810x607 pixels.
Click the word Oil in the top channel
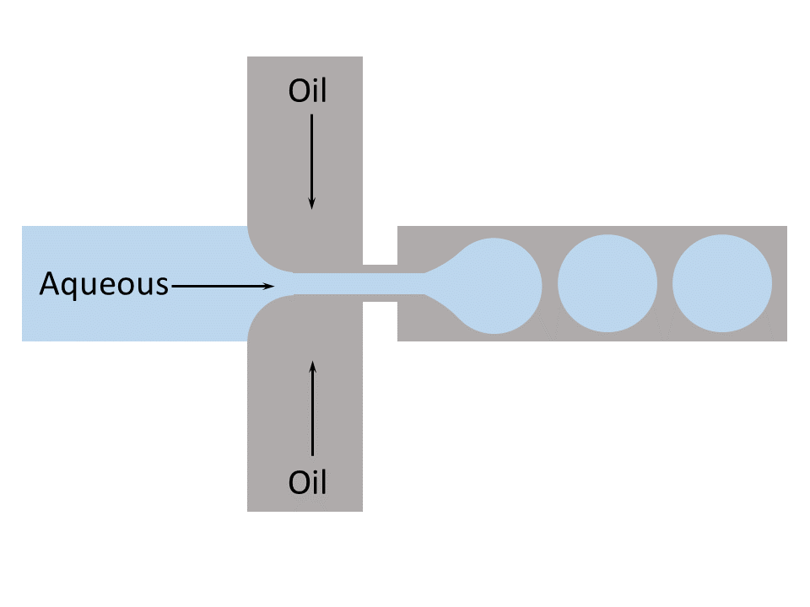(307, 91)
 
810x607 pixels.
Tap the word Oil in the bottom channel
(307, 483)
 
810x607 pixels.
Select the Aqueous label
(104, 285)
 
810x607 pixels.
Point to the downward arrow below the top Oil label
(312, 160)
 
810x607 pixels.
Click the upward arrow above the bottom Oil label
(313, 408)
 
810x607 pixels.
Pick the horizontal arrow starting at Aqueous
(224, 286)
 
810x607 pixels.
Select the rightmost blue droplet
(722, 284)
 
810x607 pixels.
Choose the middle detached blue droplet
(607, 284)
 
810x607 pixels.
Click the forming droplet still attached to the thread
(499, 284)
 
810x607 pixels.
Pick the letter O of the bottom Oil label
(298, 484)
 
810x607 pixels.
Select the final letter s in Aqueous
(162, 287)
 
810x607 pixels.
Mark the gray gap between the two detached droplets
(665, 284)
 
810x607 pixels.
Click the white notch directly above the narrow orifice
(380, 244)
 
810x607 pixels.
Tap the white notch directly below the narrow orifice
(380, 321)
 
